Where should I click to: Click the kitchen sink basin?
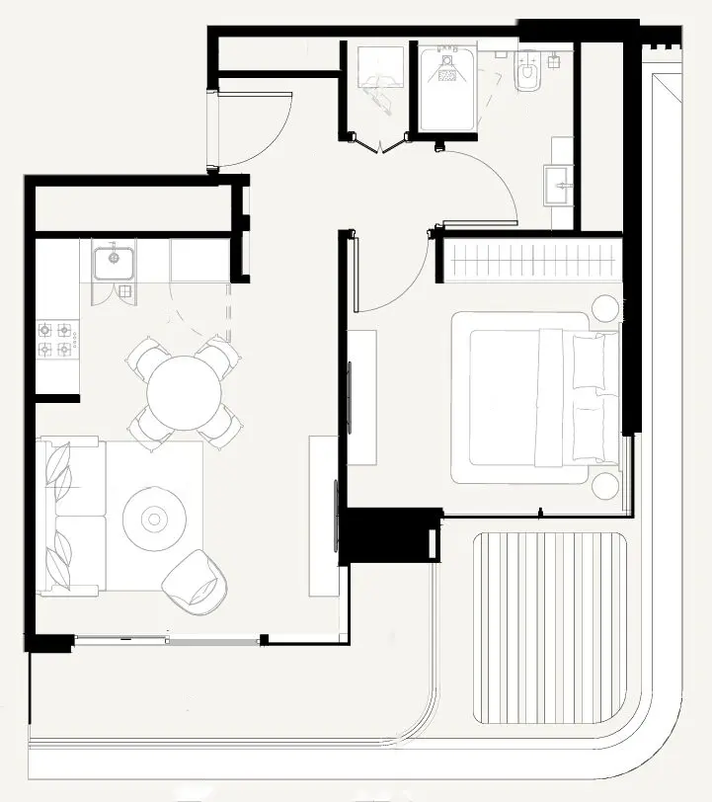[x=114, y=263]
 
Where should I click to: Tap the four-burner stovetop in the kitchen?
[x=56, y=339]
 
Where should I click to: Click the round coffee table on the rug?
[x=154, y=517]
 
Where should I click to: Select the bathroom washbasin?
[x=558, y=183]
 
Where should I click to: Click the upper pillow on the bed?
[x=590, y=361]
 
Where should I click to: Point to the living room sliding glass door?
[x=168, y=640]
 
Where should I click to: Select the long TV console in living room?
[x=323, y=514]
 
